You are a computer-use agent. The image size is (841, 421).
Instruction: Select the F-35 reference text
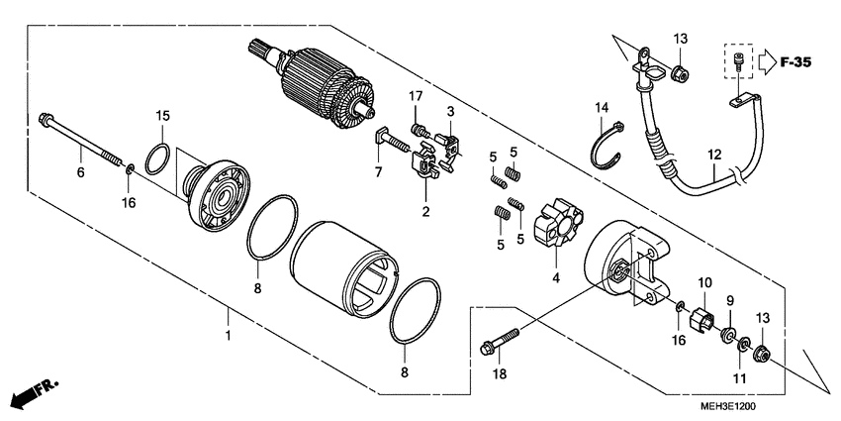(x=794, y=62)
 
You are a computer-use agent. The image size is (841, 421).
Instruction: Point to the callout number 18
(x=501, y=374)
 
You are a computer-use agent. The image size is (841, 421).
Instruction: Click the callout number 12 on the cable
(x=715, y=154)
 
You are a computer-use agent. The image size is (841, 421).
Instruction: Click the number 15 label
(x=163, y=116)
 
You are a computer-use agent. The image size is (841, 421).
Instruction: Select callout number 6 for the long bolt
(x=80, y=172)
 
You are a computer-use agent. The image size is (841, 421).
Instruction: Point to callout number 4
(x=556, y=278)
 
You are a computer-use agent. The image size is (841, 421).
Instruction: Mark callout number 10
(x=704, y=282)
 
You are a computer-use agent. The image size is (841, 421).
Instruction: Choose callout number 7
(x=377, y=172)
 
